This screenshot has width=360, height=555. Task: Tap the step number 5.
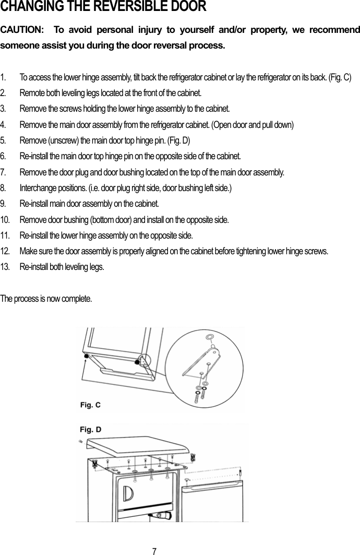coord(4,141)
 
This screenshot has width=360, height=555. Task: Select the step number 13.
coord(5,267)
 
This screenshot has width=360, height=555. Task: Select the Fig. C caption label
coord(90,405)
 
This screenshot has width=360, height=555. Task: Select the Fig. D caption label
coord(90,430)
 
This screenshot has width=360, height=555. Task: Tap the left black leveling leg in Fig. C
coord(85,355)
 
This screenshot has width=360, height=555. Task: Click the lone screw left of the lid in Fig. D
coord(80,441)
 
